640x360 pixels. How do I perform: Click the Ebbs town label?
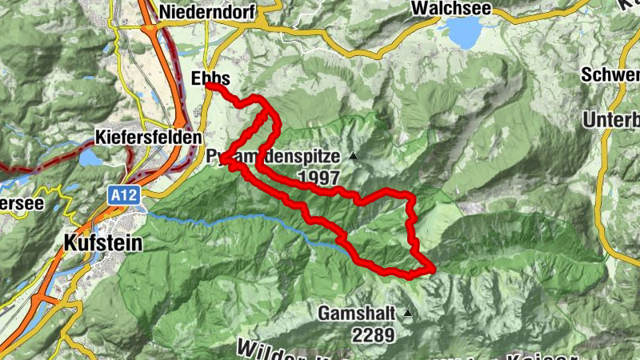[211, 78]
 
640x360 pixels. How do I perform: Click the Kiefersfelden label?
[148, 137]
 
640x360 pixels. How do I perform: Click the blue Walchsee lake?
[464, 32]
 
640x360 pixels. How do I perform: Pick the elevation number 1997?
[318, 178]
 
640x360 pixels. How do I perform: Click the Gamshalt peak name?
[358, 314]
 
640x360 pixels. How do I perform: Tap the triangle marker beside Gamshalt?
[409, 313]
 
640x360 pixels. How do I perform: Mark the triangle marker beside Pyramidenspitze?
[351, 155]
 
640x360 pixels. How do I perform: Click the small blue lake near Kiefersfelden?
[90, 158]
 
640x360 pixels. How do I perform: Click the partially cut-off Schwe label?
[611, 75]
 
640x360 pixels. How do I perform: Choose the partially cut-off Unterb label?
[611, 120]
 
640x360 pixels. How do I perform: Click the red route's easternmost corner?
[433, 269]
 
